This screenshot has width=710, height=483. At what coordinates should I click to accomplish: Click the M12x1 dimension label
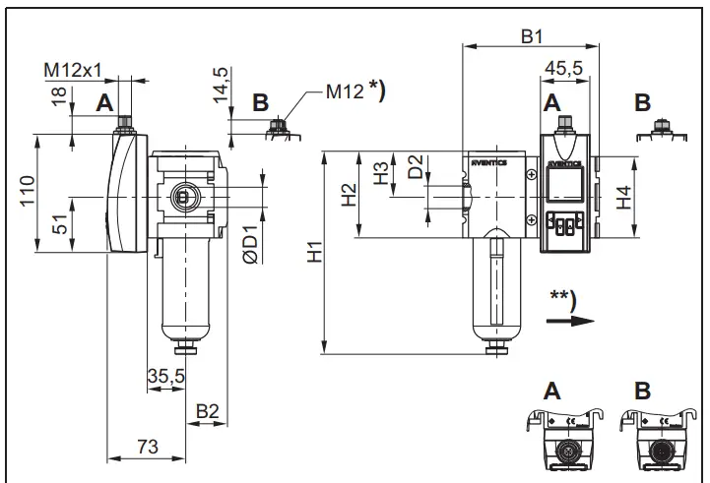click(x=73, y=71)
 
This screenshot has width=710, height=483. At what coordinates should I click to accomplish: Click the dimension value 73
click(x=146, y=448)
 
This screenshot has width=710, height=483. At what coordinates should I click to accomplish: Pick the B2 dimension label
click(x=207, y=410)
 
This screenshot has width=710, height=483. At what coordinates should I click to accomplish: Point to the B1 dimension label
click(x=532, y=36)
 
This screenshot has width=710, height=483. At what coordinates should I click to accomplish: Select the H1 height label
click(x=314, y=253)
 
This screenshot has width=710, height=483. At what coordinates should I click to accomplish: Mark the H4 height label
click(x=623, y=197)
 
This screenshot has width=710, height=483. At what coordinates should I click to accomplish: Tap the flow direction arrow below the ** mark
click(x=582, y=320)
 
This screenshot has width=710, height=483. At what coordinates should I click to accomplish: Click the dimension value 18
click(x=60, y=94)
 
